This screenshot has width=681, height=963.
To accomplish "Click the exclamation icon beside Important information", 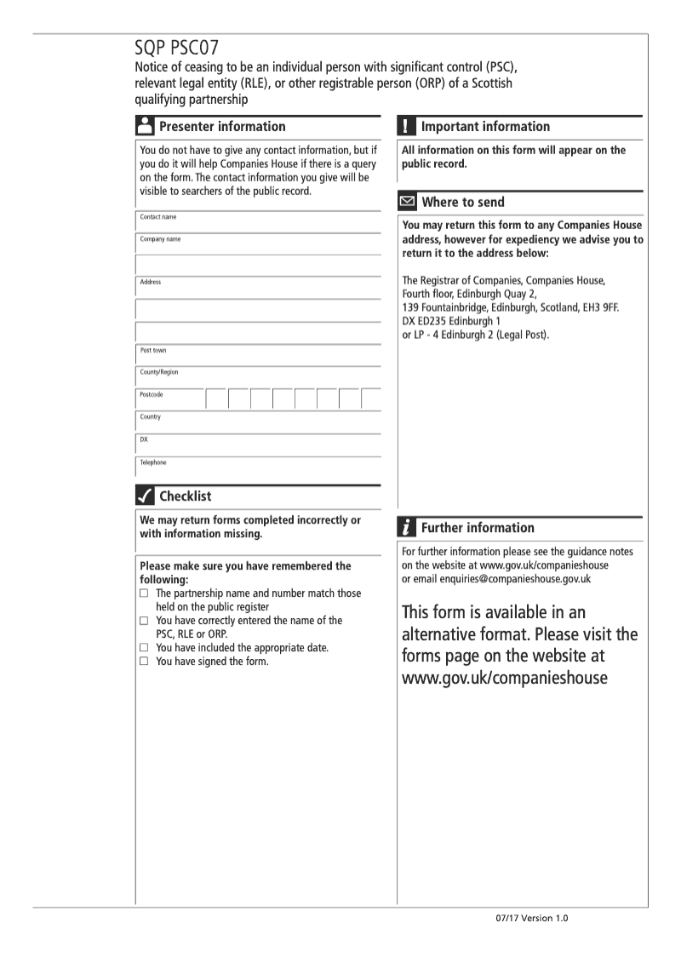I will pos(407,127).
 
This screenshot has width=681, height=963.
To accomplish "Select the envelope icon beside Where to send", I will pos(408,203).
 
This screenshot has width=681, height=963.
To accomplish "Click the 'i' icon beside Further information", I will pos(407,528).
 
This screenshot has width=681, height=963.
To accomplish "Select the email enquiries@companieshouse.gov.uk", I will pos(516,579).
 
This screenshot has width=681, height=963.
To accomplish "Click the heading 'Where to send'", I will pos(462,203).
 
